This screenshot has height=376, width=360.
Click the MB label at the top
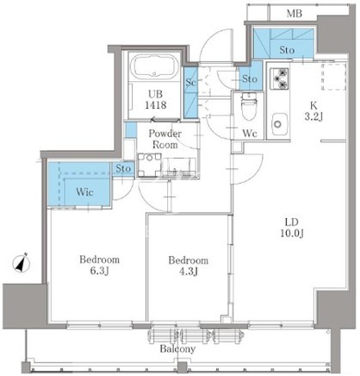click(295, 13)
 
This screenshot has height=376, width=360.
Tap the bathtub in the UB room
click(153, 66)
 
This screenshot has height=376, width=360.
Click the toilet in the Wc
click(249, 106)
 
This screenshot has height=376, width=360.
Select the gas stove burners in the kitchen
click(280, 78)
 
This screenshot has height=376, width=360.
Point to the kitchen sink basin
click(280, 124)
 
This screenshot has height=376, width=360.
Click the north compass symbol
click(22, 263)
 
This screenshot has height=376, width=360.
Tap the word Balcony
click(177, 349)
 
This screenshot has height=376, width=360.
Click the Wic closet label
click(84, 191)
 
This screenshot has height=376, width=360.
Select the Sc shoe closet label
click(190, 82)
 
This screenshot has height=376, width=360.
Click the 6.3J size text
click(99, 271)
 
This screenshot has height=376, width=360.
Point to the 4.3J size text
click(189, 272)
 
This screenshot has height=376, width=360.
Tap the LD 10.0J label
click(292, 228)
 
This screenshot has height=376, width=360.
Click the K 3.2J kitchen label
click(313, 111)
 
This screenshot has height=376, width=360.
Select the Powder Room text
click(164, 139)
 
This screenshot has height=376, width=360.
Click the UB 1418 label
click(155, 99)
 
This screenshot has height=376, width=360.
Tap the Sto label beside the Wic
click(123, 169)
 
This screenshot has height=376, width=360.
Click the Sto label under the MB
click(287, 50)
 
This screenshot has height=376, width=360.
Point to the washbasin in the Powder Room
click(149, 165)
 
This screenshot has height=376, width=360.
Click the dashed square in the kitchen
click(333, 77)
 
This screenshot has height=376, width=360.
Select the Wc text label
click(249, 133)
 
